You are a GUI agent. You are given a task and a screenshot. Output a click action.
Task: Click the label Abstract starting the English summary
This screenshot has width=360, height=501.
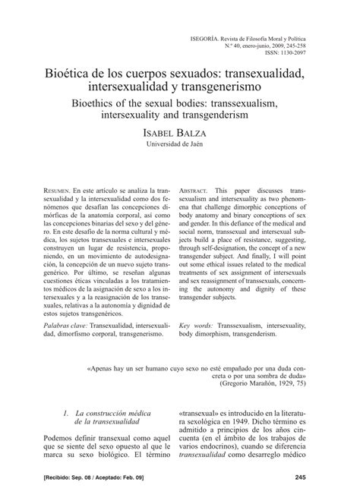coord(195,188)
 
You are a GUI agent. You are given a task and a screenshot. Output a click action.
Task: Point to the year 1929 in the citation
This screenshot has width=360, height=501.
coord(289,383)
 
